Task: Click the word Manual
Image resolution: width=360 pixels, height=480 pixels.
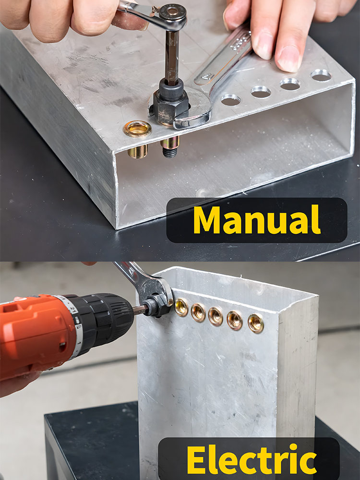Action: coord(257,220)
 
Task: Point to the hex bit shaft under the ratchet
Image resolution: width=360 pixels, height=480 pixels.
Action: coord(172,57)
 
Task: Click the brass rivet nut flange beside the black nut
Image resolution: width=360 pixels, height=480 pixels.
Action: coord(137,129)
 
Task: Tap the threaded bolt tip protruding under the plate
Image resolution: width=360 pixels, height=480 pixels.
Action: coord(169,152)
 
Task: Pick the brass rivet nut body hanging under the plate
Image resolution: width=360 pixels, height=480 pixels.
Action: coord(138,151)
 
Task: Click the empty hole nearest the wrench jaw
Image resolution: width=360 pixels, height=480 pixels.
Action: coord(231,100)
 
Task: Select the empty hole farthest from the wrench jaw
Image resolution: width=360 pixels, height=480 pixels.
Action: coord(321,75)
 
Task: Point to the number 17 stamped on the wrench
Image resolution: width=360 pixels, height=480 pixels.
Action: coord(207,76)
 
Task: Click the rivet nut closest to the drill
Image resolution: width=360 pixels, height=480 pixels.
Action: coord(181,307)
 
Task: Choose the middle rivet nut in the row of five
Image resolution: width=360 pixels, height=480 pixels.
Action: coord(216,316)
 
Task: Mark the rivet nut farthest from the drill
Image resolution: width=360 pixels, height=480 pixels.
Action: coord(256,323)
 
